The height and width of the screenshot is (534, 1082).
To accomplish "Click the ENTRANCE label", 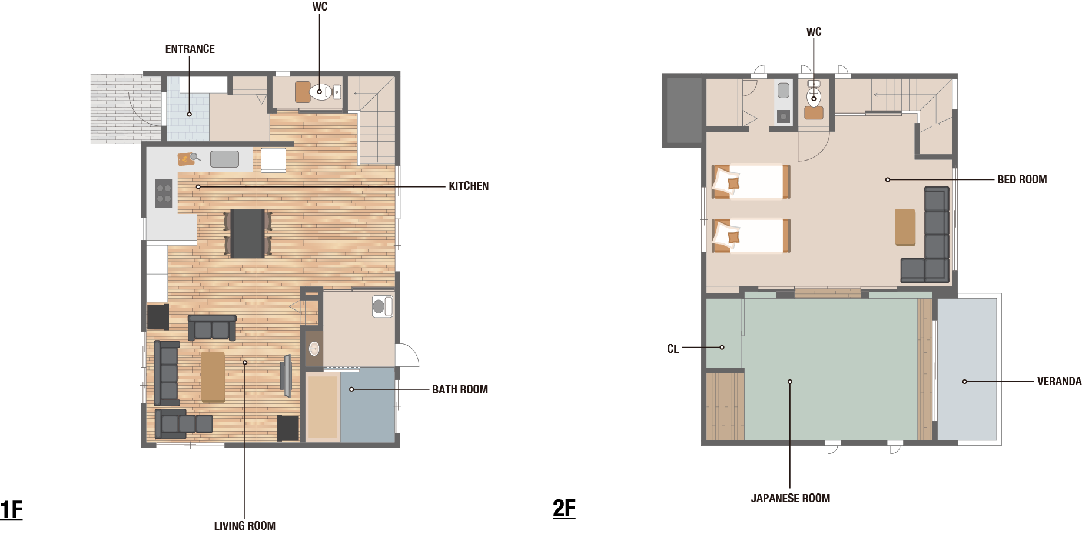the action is pos(190,49).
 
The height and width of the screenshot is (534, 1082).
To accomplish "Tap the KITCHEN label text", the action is pos(469,186).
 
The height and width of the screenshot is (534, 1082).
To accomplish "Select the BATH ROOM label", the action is pos(460,390).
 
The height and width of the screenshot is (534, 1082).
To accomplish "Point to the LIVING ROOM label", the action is pos(244,526).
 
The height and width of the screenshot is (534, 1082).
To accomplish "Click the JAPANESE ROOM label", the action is pos(790,499).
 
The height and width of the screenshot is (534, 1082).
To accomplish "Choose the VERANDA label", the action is pos(1059,382).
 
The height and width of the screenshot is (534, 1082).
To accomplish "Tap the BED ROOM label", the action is pos(1022,180).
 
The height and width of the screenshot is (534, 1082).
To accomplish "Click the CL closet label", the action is pos(673,349).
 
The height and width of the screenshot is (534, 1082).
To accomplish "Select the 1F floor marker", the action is pos(11,509).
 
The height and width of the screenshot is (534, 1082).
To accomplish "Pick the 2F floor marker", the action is pos(564,508).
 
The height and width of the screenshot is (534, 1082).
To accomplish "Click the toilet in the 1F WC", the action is pos(321,92).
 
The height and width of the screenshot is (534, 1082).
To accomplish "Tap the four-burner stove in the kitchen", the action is pos(164,193).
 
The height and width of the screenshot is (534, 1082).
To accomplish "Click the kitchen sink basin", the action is pos(224,159).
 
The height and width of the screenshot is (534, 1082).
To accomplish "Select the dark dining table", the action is pos(247,233).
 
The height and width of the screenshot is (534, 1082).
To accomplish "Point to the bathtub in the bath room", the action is pos(323,407).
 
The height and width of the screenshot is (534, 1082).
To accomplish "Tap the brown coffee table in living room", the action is pos(213,377).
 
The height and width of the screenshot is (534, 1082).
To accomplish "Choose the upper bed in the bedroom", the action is pos(751,182).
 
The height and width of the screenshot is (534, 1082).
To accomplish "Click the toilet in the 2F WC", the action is pos(814,95).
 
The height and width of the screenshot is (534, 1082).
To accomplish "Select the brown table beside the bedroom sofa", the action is pos(905,227).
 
